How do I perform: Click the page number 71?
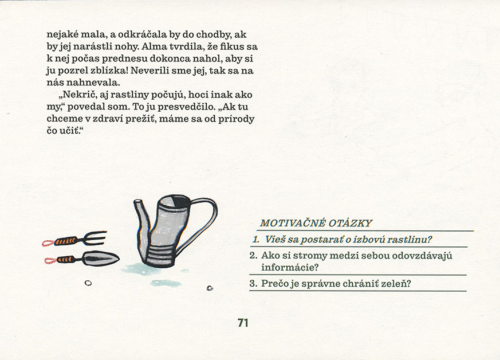click(242, 323)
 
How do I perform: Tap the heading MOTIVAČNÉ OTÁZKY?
click(316, 223)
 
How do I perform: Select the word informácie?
click(290, 267)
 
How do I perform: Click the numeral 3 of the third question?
click(253, 283)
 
